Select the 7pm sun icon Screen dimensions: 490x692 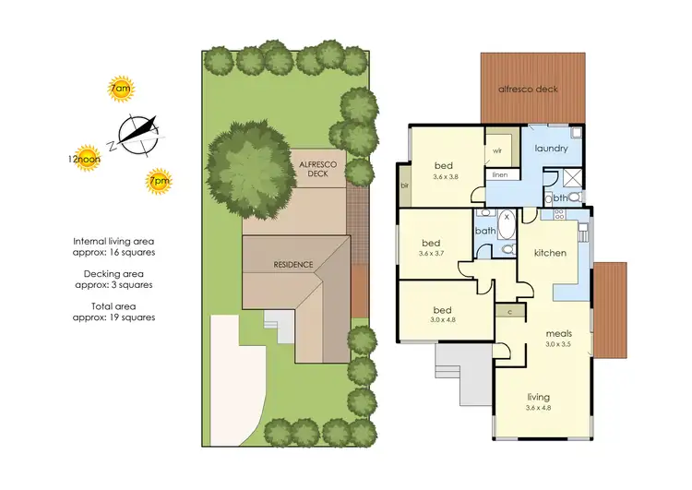(160, 182)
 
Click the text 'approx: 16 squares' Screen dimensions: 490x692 (113, 252)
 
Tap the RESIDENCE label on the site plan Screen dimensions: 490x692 (293, 265)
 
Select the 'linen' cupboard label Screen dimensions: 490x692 (500, 173)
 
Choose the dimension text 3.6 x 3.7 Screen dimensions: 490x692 (432, 252)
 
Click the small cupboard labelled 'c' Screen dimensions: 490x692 (509, 311)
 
